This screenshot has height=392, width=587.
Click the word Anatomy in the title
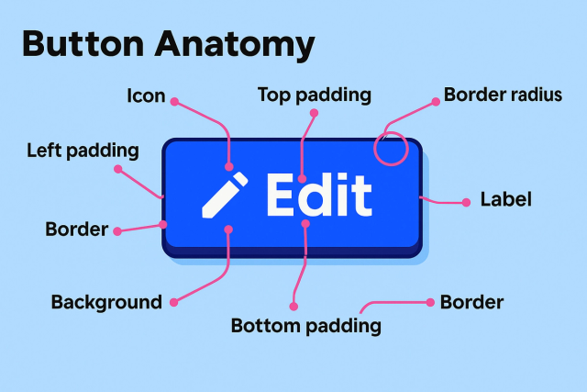click(x=235, y=45)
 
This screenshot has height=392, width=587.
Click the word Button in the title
click(x=83, y=43)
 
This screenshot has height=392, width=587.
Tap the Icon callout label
click(x=146, y=95)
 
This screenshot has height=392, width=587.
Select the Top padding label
click(x=315, y=95)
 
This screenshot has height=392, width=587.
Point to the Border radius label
click(x=503, y=95)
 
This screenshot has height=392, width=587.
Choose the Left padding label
click(x=83, y=151)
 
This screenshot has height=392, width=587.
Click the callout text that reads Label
click(x=505, y=199)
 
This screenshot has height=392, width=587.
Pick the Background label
click(x=106, y=302)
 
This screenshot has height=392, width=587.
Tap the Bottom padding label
click(x=305, y=326)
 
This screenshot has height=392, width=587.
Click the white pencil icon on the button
click(x=225, y=195)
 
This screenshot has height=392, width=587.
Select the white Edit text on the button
click(x=319, y=195)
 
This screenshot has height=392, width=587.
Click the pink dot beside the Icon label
click(x=174, y=102)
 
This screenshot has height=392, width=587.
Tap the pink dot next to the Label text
click(x=466, y=202)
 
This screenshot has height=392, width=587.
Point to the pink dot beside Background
click(x=174, y=302)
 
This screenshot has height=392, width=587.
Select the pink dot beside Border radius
click(x=436, y=102)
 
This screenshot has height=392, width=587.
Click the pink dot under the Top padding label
click(x=314, y=113)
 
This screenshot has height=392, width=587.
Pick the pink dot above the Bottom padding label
click(x=293, y=307)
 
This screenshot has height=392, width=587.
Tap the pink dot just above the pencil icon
click(x=229, y=166)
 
